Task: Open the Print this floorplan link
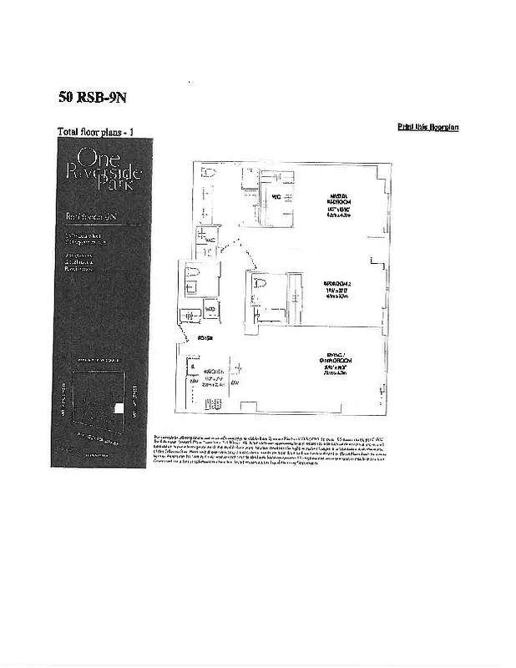tap(427, 127)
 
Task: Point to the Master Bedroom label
tap(338, 201)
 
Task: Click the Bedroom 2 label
tap(338, 287)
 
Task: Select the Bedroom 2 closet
tap(295, 296)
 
